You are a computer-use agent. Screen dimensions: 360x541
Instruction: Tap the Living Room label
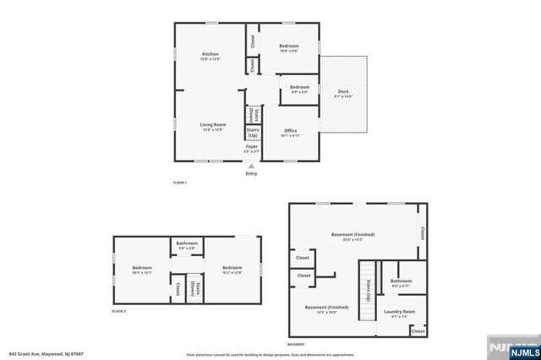pos(212,126)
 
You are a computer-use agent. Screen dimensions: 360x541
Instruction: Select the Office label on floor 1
pos(291,132)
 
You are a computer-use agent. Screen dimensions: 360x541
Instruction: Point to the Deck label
pos(343,94)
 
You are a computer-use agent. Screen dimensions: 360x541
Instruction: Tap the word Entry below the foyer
pos(251,174)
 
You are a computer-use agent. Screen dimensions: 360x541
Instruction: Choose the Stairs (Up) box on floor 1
pos(252,133)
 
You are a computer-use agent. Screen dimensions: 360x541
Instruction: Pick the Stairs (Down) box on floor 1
pos(252,113)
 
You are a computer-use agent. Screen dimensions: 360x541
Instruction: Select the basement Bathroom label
pos(401,282)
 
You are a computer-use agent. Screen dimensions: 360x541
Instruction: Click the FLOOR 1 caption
pos(179,183)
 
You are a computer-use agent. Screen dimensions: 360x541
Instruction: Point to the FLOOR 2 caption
pos(119,312)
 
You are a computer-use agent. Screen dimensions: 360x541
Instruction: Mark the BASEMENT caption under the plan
pos(296,345)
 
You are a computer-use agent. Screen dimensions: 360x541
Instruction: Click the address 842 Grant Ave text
pos(42,353)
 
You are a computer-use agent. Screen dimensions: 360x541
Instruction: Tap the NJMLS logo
pos(513,348)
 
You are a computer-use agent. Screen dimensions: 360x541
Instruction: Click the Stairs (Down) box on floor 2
pos(194,288)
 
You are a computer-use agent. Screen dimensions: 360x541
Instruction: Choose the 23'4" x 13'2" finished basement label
pos(352,237)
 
